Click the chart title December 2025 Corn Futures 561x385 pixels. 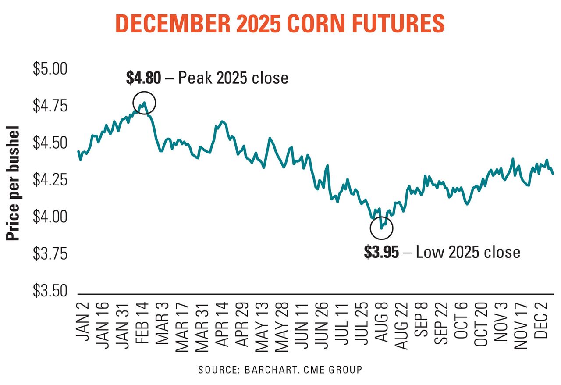[280, 24]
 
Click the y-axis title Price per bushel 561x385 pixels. [14, 184]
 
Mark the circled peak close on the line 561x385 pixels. [144, 103]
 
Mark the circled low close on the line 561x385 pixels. [381, 228]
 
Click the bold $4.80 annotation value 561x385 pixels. [144, 78]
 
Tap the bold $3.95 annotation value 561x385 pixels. [382, 253]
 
